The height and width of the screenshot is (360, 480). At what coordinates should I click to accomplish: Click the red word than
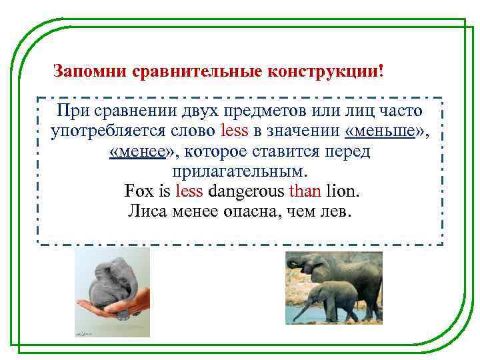coord(305,192)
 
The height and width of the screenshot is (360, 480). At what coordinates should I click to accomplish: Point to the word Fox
coord(137,192)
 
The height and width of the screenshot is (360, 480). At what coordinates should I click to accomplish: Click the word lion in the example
coord(342,192)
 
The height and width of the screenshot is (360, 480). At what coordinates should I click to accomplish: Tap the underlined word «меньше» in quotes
coord(387,131)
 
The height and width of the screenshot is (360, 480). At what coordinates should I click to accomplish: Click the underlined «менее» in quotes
coord(143,151)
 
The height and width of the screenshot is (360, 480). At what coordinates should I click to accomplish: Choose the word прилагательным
coord(241,171)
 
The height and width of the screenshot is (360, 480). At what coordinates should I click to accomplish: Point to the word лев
coord(342,213)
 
